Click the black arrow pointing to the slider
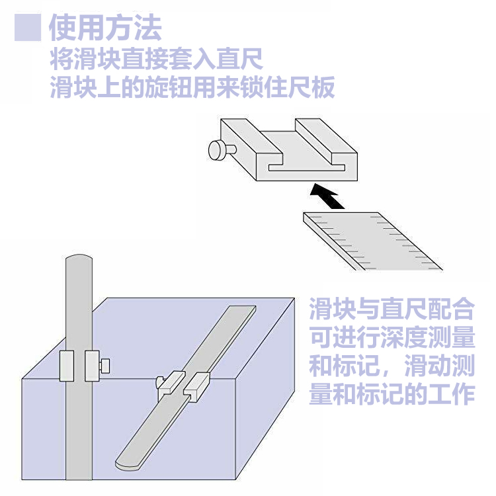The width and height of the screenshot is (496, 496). [x=327, y=196]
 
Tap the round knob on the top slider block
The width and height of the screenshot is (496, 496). [x=217, y=151]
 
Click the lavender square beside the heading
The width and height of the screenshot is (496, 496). [x=28, y=28]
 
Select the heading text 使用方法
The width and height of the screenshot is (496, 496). [x=104, y=28]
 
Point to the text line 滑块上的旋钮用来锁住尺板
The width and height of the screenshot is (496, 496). [x=192, y=87]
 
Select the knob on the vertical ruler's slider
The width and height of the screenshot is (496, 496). [x=104, y=364]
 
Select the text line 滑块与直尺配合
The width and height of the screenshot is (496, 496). [x=392, y=309]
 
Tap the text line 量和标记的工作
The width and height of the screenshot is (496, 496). [x=392, y=395]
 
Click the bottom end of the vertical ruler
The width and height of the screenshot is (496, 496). [x=79, y=473]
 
